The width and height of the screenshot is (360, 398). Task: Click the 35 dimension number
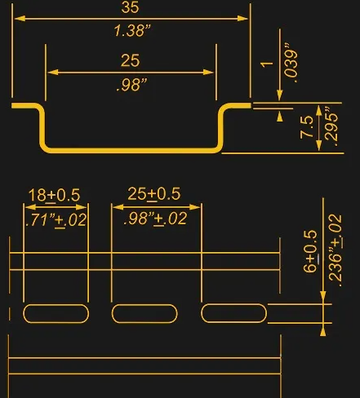(130, 7)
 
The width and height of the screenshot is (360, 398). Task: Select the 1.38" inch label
(132, 30)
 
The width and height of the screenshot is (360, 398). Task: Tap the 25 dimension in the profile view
(131, 60)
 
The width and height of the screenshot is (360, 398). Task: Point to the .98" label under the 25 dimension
(131, 85)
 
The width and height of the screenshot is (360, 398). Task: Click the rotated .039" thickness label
(291, 63)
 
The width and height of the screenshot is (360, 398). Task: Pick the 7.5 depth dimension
(307, 127)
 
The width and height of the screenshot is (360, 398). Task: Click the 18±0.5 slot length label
(54, 195)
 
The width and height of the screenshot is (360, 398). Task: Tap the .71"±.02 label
(56, 220)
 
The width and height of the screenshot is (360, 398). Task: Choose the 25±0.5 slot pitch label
(154, 194)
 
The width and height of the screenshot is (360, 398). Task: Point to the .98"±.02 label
(155, 219)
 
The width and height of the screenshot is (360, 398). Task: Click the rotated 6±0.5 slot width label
(310, 251)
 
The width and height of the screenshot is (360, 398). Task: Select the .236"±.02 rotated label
(336, 250)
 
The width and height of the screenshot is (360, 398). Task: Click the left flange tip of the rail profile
(12, 106)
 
